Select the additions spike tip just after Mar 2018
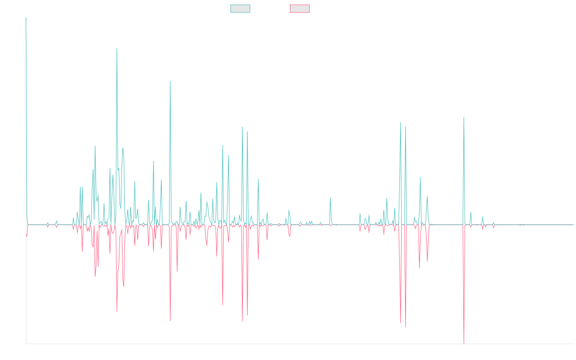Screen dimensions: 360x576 pyautogui.click(x=170, y=81)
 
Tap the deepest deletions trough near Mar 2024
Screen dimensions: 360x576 pyautogui.click(x=464, y=343)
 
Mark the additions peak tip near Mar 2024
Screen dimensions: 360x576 pyautogui.click(x=464, y=117)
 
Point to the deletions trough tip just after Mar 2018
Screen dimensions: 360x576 pyautogui.click(x=170, y=320)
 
